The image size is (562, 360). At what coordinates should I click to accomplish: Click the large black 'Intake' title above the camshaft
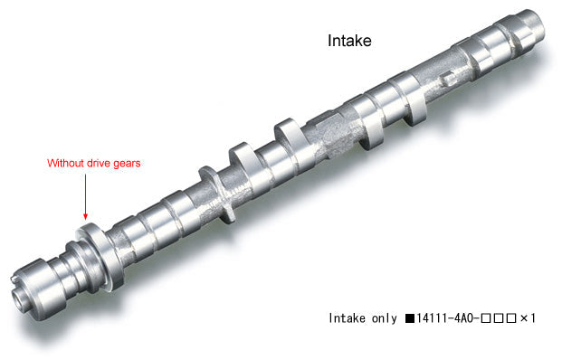[x=348, y=42]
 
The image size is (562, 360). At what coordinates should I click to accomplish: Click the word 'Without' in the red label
[x=66, y=164]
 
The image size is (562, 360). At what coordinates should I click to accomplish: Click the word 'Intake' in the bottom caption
[x=348, y=318]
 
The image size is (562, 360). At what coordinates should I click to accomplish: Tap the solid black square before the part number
[x=410, y=318]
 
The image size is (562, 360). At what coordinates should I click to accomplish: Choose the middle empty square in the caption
[x=500, y=318]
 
